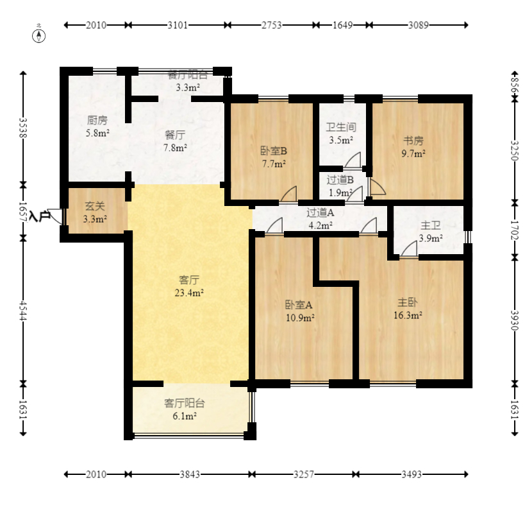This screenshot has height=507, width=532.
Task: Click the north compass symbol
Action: (x=38, y=36)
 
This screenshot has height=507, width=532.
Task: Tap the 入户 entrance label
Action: (x=40, y=216)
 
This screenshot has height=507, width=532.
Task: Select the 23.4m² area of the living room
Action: (x=189, y=293)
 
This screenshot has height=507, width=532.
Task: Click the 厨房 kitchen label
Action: (x=97, y=120)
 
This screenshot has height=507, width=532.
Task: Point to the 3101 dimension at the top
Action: (x=178, y=25)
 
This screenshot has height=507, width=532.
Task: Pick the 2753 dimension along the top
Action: (x=271, y=25)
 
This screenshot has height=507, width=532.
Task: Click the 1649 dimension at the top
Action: (x=342, y=25)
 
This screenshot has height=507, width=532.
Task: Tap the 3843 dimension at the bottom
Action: (x=190, y=474)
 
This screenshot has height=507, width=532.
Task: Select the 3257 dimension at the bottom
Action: (x=304, y=474)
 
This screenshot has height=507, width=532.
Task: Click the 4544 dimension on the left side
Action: (x=22, y=310)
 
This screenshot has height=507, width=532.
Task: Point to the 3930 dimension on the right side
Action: (x=515, y=320)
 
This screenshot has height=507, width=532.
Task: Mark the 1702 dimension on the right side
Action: (x=515, y=230)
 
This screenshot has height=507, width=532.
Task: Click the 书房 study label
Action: (x=413, y=141)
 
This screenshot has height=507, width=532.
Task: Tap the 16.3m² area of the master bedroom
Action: (x=408, y=315)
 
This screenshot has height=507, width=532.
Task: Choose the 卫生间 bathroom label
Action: (x=341, y=128)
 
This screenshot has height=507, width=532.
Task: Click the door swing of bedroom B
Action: (x=288, y=194)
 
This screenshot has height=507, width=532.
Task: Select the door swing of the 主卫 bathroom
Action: (x=409, y=249)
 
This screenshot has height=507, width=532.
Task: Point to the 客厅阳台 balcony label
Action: (x=185, y=403)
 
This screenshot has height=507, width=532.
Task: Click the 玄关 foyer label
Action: (x=95, y=206)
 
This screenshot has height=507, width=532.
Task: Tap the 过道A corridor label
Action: (x=320, y=212)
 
